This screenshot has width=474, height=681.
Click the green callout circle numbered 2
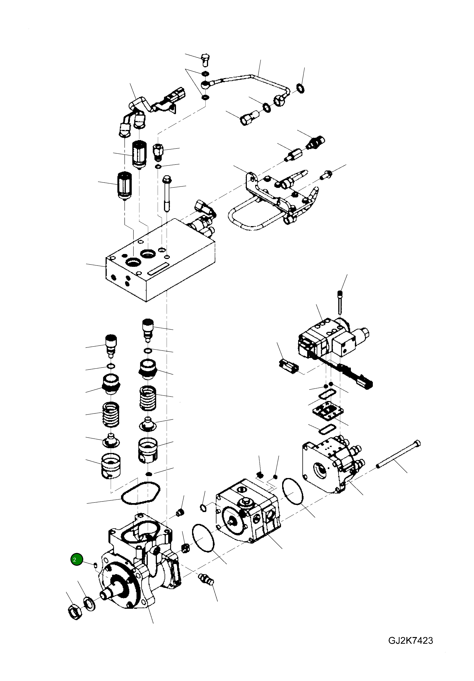pyautogui.click(x=76, y=559)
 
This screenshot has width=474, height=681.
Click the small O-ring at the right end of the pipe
pyautogui.click(x=300, y=88)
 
